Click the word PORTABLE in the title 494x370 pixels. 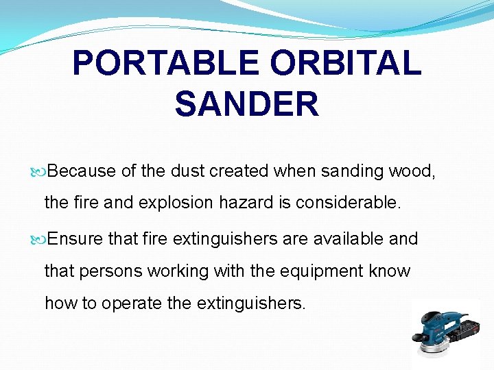coord(165,64)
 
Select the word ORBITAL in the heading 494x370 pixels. coord(345,64)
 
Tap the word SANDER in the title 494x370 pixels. coord(247,104)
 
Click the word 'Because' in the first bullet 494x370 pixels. coord(82,171)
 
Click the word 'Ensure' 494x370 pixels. coord(77,238)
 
